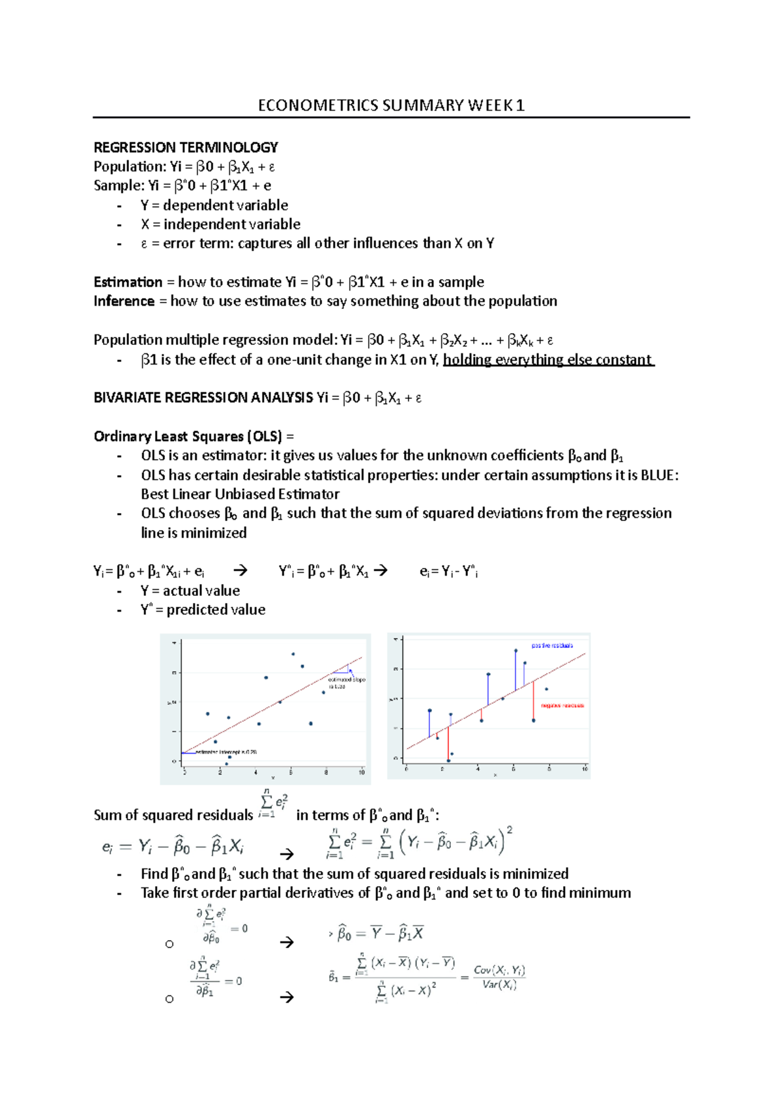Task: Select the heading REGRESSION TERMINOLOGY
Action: pyautogui.click(x=186, y=147)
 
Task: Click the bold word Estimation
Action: pyautogui.click(x=128, y=282)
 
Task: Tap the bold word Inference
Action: pyautogui.click(x=124, y=301)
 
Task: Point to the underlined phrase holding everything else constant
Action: pyautogui.click(x=547, y=360)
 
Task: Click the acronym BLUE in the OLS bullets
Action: pyautogui.click(x=659, y=475)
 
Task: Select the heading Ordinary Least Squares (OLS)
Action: pyautogui.click(x=188, y=437)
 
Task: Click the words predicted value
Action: pyautogui.click(x=216, y=610)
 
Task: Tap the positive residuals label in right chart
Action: pyautogui.click(x=552, y=645)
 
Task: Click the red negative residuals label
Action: pyautogui.click(x=562, y=705)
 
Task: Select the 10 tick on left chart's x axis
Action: pyautogui.click(x=362, y=773)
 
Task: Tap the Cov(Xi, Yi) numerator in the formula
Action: pyautogui.click(x=499, y=970)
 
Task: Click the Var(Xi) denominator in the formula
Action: pyautogui.click(x=499, y=985)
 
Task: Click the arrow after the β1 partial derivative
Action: pyautogui.click(x=286, y=997)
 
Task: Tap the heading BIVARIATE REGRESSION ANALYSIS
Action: pyautogui.click(x=203, y=398)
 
